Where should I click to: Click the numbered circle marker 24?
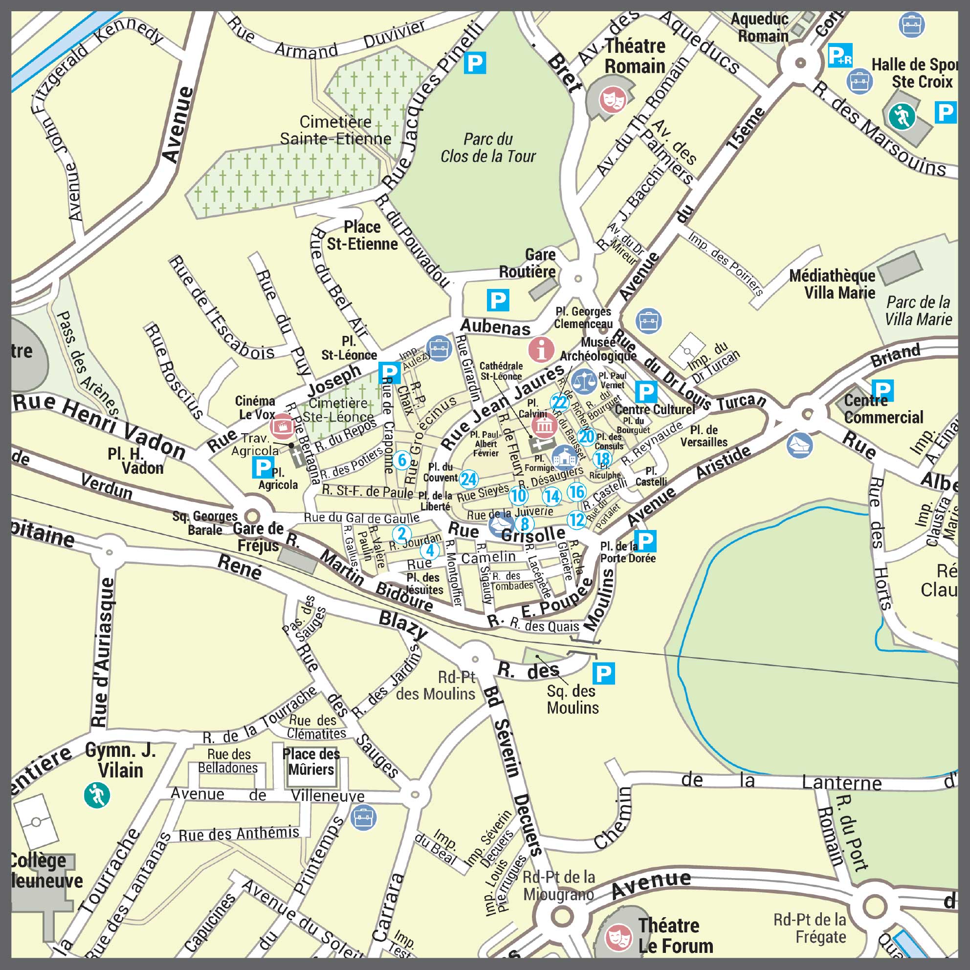469,479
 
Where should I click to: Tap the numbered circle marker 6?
402,460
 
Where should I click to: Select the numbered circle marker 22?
559,402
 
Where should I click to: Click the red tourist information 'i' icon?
541,349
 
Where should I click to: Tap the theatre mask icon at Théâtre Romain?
612,99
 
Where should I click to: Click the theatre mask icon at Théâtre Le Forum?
618,937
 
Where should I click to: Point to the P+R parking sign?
840,56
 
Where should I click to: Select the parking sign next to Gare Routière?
498,300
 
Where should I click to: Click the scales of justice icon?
584,381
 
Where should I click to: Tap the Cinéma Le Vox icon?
282,427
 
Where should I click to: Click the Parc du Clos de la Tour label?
488,148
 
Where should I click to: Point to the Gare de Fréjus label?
258,537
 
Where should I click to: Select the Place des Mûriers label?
311,762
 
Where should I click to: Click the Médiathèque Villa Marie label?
833,284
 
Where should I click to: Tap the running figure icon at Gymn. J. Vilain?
97,795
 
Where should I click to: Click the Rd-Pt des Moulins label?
436,685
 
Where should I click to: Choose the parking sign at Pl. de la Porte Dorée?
646,541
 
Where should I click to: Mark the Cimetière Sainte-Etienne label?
335,130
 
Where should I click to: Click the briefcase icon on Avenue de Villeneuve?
363,817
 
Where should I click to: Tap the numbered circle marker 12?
576,520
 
